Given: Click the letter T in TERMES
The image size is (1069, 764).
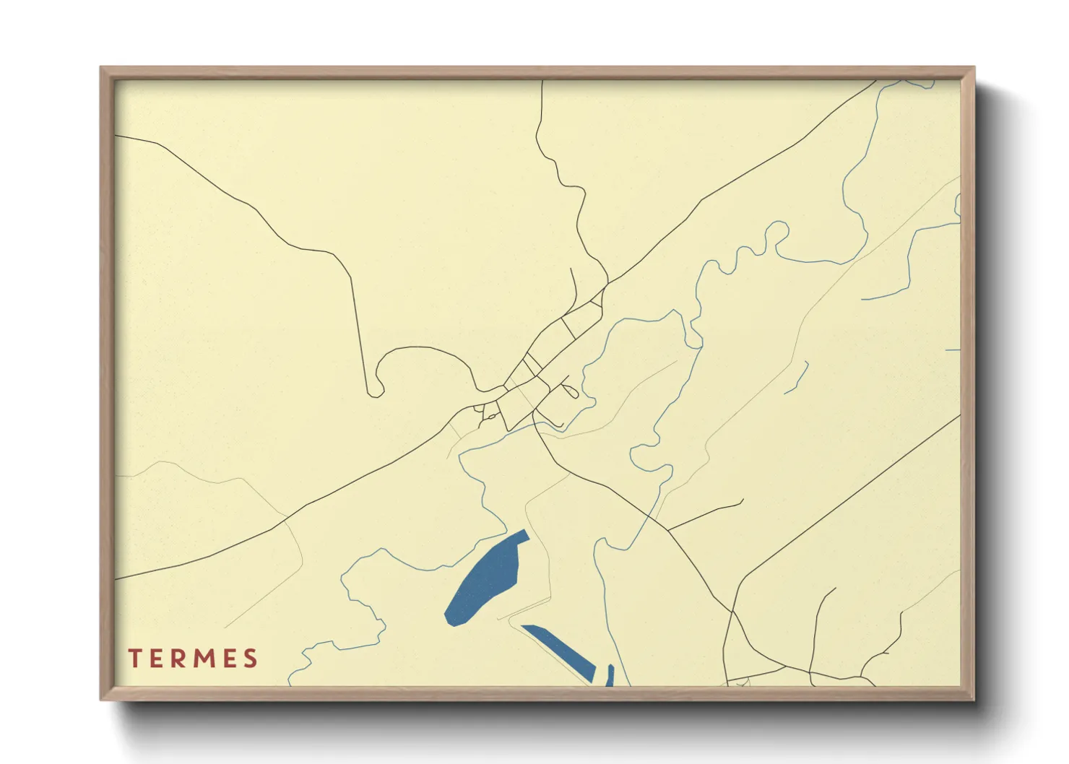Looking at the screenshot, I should click(134, 659).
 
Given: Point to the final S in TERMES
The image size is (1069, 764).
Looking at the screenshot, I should click(250, 659).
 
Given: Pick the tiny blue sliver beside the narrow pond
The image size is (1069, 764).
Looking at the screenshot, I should click(610, 675).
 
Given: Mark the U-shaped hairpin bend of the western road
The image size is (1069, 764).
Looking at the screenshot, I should click(373, 391).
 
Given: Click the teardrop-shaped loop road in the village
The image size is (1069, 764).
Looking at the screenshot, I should click(570, 391).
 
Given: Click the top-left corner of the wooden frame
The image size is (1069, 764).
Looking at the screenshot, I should click(101, 68).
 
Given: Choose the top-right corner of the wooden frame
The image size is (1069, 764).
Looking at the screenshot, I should click(974, 68).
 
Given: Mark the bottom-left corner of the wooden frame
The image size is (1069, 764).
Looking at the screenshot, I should click(101, 699).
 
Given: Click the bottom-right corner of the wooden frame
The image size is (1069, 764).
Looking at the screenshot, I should click(974, 699).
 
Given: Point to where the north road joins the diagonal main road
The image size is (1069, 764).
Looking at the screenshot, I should click(608, 282).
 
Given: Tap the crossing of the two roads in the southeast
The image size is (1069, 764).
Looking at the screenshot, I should click(732, 612).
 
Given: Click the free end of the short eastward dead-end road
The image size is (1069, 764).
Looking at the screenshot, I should click(743, 500).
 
